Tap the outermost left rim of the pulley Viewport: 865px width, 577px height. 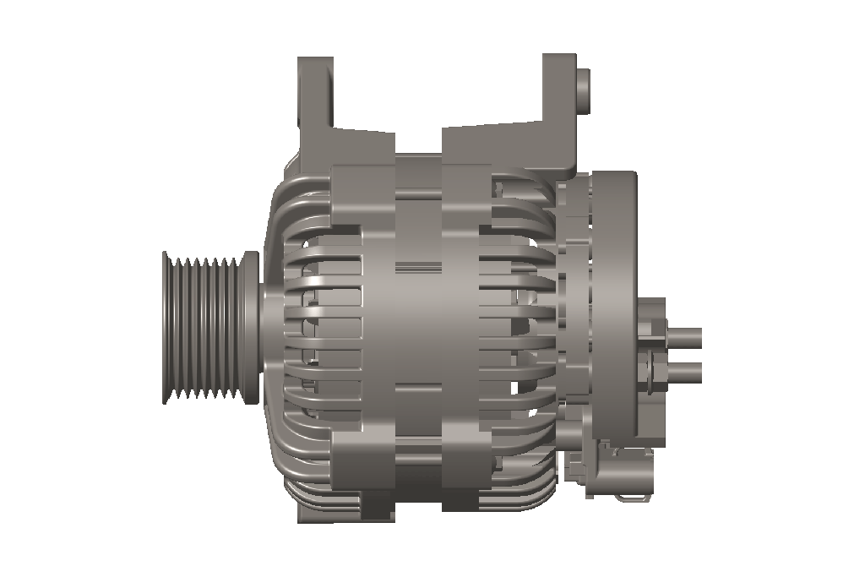click(x=166, y=328)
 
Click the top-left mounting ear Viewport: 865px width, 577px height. click(x=315, y=97)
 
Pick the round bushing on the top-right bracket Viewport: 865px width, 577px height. click(x=583, y=89)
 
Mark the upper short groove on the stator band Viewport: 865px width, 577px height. click(x=418, y=268)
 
